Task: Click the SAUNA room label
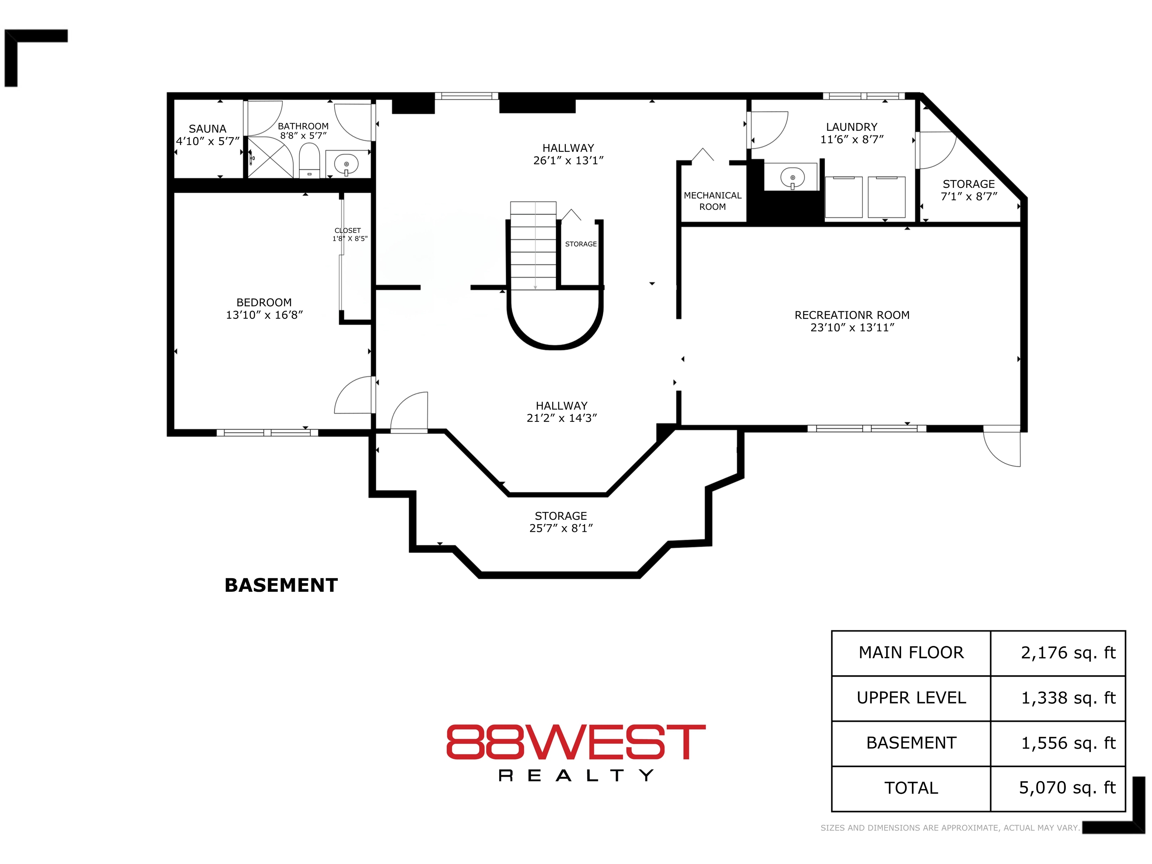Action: tap(207, 129)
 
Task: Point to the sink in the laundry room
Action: tap(792, 178)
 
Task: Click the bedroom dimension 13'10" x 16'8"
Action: tap(264, 315)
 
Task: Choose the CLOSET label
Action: tap(347, 230)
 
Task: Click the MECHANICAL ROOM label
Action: tap(712, 201)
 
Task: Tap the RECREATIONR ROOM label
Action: tap(852, 315)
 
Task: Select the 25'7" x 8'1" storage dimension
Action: tap(561, 528)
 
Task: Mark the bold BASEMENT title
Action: tap(281, 585)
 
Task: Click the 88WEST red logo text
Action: tap(576, 742)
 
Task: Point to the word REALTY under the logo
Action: tap(576, 776)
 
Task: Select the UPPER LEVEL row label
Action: tap(911, 698)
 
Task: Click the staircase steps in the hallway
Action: tap(533, 245)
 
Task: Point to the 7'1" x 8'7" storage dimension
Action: tap(969, 196)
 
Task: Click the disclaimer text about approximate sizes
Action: tap(950, 828)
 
